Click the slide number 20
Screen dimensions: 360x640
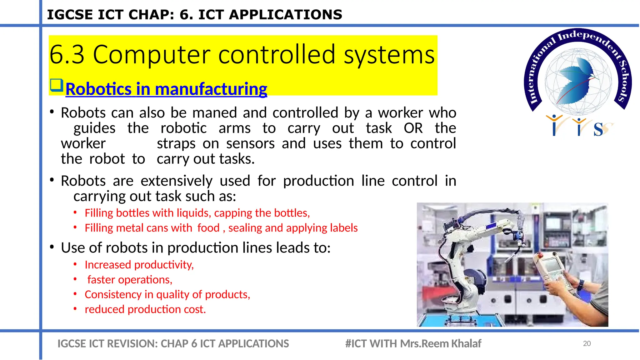point(587,343)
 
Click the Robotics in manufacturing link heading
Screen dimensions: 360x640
point(166,89)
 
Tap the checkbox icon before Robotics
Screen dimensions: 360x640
point(57,85)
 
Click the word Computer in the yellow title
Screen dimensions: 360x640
point(151,55)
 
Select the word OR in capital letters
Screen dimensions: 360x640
point(413,128)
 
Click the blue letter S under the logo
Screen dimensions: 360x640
point(598,129)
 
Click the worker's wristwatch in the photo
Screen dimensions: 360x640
point(581,285)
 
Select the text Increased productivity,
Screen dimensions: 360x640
point(139,265)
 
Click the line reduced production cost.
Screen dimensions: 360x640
point(145,309)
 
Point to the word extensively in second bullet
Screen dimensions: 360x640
point(177,181)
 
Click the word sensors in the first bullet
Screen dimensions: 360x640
point(250,144)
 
